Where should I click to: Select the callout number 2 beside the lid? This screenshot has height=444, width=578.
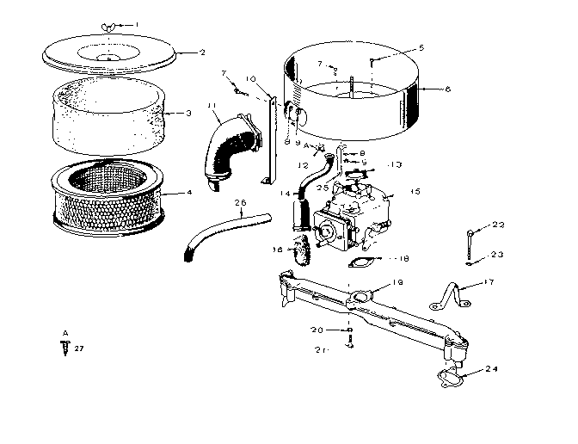coord(202,52)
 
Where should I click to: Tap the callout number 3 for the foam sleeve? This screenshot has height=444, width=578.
coord(188,113)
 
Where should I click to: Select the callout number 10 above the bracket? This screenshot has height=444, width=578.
coord(250,79)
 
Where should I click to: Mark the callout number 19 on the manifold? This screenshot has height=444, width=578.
coord(398,283)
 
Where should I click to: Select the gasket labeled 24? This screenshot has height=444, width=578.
coord(448,375)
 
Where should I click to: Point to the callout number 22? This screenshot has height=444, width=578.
coord(499,225)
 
